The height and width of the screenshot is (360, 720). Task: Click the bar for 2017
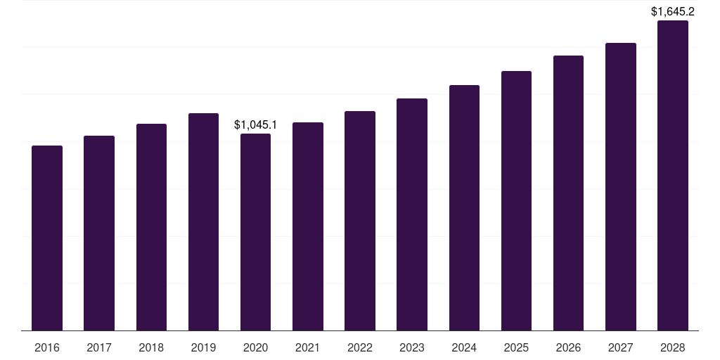point(99,233)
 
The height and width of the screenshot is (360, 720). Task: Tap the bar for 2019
point(203,221)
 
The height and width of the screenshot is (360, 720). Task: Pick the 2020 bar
point(255,232)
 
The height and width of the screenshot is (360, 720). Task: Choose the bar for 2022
point(360,221)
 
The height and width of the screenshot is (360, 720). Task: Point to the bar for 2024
point(464,207)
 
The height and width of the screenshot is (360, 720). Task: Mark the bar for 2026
point(568,193)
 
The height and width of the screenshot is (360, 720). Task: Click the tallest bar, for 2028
point(672,175)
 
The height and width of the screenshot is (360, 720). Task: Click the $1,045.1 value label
point(255,125)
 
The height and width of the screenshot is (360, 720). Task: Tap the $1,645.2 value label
point(672,11)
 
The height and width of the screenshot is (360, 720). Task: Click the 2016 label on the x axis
point(47,347)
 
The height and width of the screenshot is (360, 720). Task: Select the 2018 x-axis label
point(151,347)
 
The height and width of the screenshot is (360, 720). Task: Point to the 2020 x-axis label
point(255,347)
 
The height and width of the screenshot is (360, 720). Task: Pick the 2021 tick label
point(307,347)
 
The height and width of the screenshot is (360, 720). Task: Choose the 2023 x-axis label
point(412,347)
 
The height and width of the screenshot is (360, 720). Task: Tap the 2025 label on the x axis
point(516,347)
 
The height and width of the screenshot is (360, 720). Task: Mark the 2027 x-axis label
point(620,347)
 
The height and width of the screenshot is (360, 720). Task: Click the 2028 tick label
point(672,347)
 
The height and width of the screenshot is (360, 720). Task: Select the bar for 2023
point(412,214)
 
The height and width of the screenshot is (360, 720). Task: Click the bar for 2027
point(620,186)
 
